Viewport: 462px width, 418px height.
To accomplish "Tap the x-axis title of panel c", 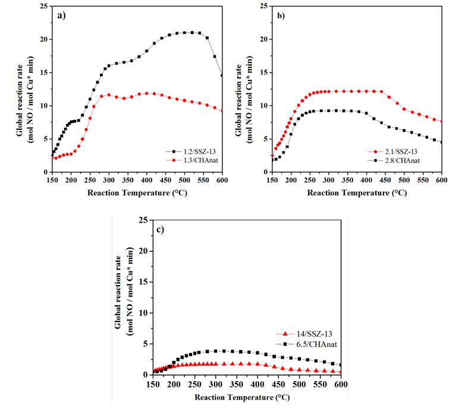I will pos(246,396).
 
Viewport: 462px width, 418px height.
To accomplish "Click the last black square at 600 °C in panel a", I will pos(222,76).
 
